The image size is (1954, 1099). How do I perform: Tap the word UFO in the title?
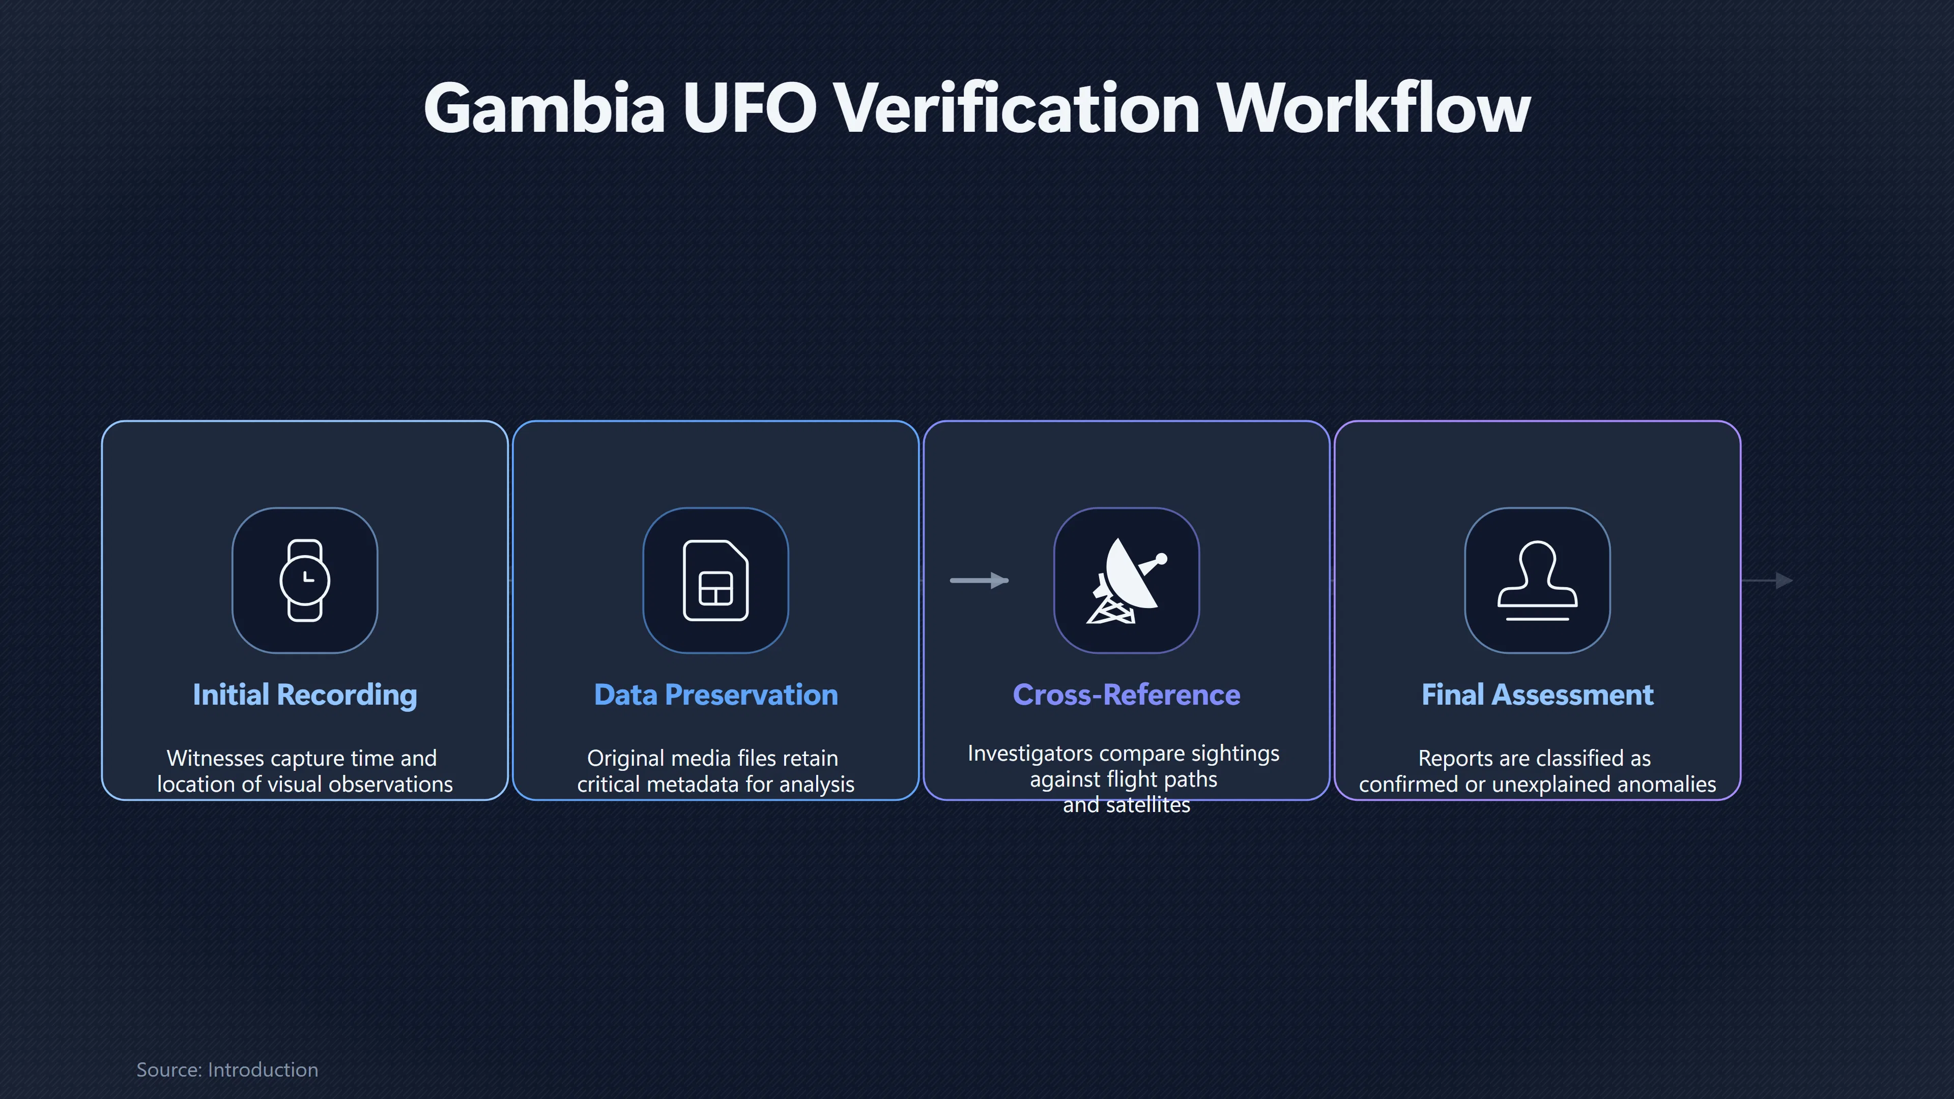click(x=750, y=108)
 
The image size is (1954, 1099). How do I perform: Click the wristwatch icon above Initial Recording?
click(x=305, y=580)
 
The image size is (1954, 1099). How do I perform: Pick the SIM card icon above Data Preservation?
click(x=716, y=580)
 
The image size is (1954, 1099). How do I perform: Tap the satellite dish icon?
click(x=1127, y=580)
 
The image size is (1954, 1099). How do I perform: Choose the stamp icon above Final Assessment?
click(x=1538, y=580)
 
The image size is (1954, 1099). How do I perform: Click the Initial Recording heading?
click(x=305, y=695)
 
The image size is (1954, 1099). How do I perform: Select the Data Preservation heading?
click(x=716, y=695)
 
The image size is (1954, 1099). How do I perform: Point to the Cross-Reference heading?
click(x=1127, y=695)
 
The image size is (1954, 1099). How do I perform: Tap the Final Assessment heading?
click(x=1538, y=695)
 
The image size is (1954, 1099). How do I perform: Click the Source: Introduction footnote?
click(x=227, y=1069)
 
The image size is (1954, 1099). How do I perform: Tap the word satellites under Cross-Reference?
click(x=1148, y=805)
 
